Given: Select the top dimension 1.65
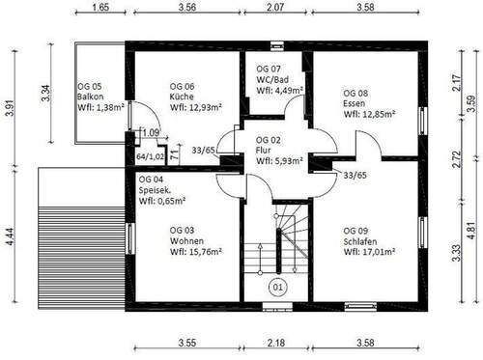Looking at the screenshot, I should [99, 8].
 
